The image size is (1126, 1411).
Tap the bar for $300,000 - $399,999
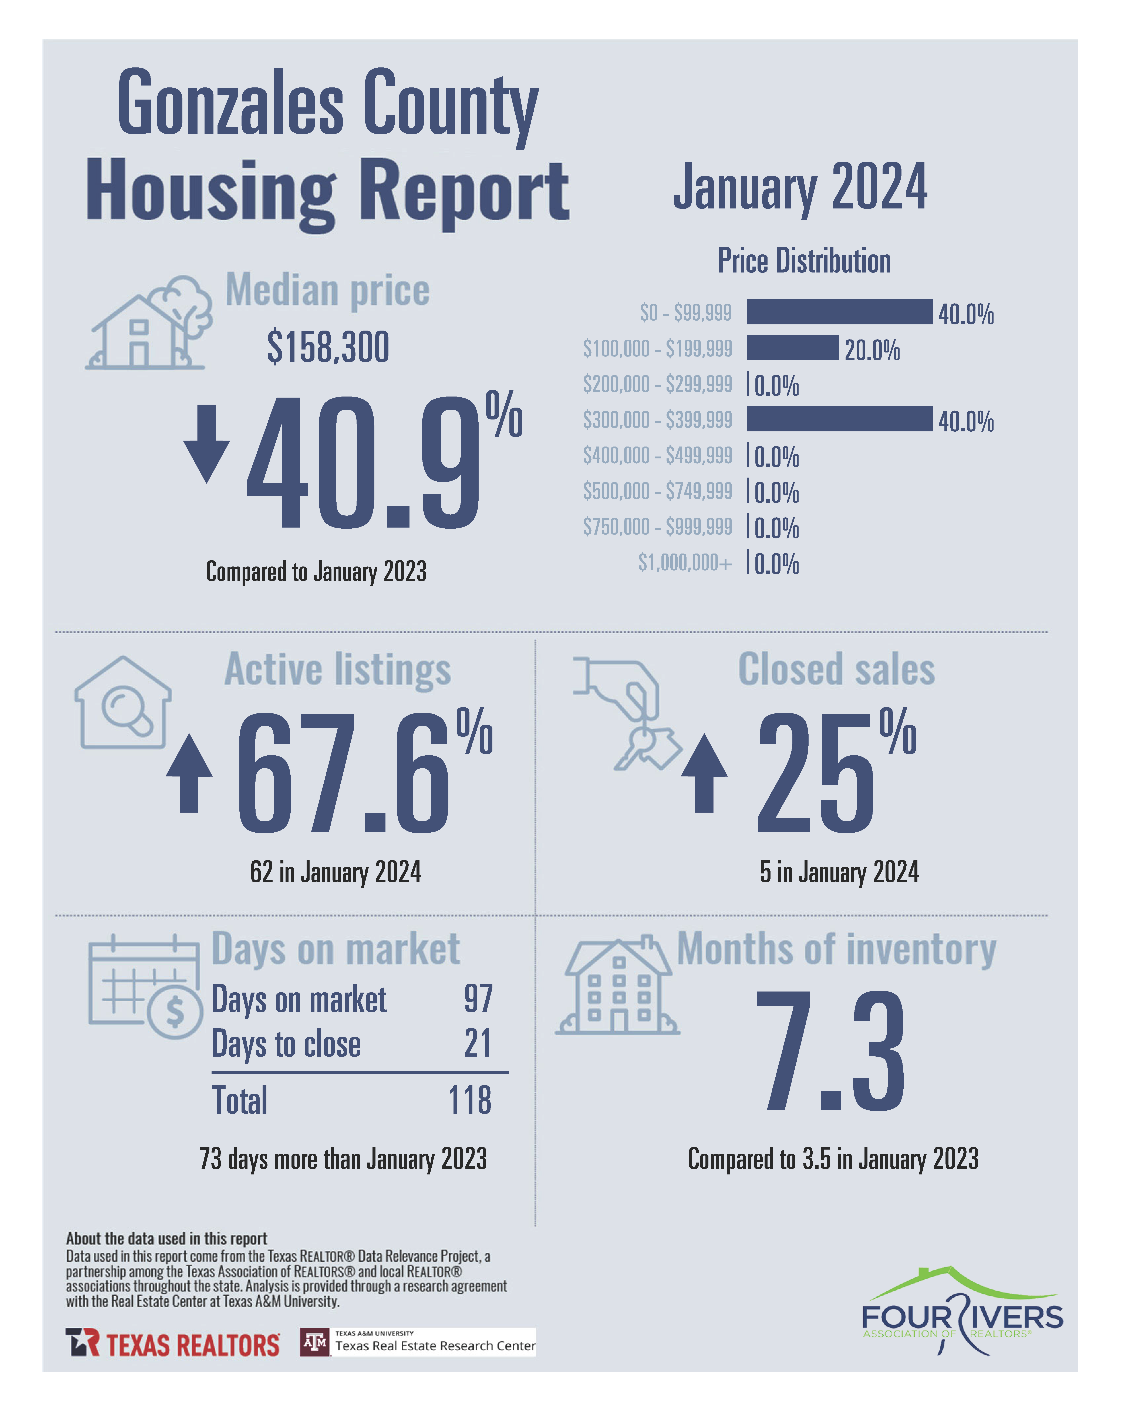(839, 419)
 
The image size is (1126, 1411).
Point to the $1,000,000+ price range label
(684, 562)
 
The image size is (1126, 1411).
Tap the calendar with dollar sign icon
(145, 986)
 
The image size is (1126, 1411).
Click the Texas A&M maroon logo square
(315, 1342)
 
